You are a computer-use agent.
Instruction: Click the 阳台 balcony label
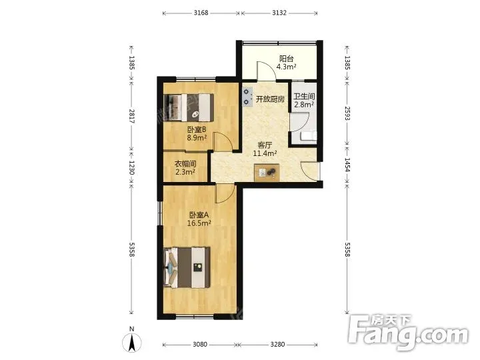tap(286, 58)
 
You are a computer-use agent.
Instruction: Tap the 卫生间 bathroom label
tap(304, 96)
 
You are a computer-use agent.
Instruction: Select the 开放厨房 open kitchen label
tap(270, 99)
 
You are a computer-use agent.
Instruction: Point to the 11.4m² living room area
tap(265, 153)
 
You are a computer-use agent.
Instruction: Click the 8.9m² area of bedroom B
tap(197, 138)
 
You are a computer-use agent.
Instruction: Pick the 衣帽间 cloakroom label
tap(185, 164)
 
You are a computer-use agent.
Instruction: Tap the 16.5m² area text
tap(199, 223)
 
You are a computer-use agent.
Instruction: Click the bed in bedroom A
tap(187, 267)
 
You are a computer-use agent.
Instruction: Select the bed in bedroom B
tap(189, 107)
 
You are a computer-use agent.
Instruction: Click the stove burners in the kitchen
tap(247, 97)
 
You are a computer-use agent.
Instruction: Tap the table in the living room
tap(267, 173)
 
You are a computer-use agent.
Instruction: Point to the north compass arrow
tap(132, 343)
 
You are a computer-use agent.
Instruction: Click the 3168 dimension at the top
tap(201, 13)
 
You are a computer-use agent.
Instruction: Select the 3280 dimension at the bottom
tap(277, 345)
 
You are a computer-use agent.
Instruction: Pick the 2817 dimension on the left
tap(131, 116)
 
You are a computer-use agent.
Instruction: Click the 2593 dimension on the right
tap(347, 113)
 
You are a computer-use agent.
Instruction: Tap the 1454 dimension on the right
tap(347, 165)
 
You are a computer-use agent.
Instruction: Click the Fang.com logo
tap(408, 333)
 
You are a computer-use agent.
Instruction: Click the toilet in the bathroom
tap(309, 135)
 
